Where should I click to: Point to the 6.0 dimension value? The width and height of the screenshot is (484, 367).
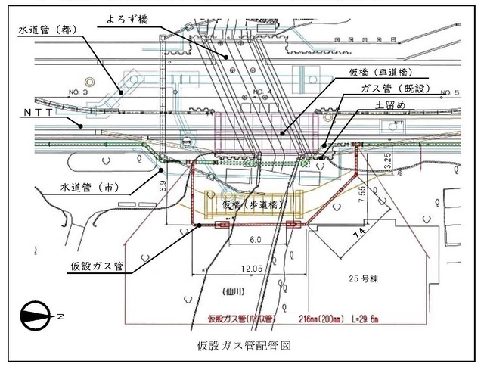click(x=254, y=239)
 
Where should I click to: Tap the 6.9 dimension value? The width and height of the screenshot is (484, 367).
click(x=163, y=184)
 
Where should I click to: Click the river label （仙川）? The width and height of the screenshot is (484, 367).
click(x=226, y=289)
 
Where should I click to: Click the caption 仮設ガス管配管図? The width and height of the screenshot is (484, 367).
click(x=244, y=344)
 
